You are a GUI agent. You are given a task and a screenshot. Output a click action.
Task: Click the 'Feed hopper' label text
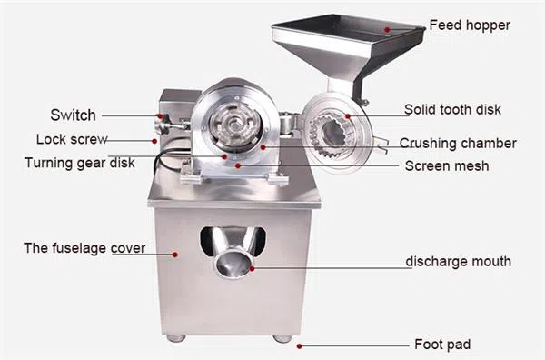[470, 25]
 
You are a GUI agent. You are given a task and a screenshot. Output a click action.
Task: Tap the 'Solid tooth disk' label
[452, 110]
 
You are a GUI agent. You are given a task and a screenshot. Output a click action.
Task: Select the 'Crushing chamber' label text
[458, 144]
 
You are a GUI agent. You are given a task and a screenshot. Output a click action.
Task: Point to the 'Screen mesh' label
[447, 166]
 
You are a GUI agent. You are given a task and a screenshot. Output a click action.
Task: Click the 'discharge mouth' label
[458, 262]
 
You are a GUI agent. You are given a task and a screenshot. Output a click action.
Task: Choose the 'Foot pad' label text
[442, 345]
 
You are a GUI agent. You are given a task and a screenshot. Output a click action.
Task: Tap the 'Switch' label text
[73, 115]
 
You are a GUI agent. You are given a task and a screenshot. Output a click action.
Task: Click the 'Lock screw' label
[72, 139]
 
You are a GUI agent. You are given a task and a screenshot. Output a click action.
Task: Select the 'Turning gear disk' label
[80, 163]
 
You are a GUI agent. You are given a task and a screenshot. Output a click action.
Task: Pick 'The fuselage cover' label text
[84, 248]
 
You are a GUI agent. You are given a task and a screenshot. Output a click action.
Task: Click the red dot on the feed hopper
[387, 30]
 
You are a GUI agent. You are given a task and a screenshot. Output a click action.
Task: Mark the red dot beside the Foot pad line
[299, 346]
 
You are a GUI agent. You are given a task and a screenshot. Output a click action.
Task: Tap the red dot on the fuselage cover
[175, 255]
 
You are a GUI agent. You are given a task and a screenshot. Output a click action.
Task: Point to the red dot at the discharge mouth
[252, 268]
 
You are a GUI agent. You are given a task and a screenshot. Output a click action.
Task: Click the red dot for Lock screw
[154, 141]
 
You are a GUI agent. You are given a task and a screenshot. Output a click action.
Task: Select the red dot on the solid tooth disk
[348, 116]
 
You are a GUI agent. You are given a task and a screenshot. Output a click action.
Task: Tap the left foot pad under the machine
[176, 338]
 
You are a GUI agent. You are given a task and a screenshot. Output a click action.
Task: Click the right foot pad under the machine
[282, 338]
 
